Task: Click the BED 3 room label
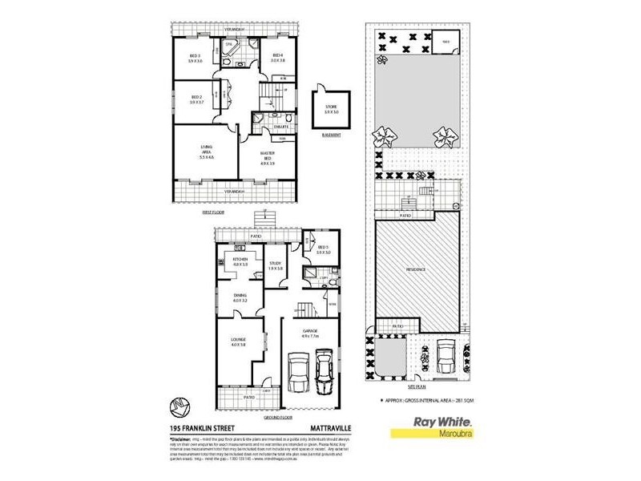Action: (194, 55)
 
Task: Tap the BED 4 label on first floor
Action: (277, 55)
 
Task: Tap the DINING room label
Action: (240, 297)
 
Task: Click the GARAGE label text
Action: (311, 331)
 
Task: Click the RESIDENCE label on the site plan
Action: (417, 271)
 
